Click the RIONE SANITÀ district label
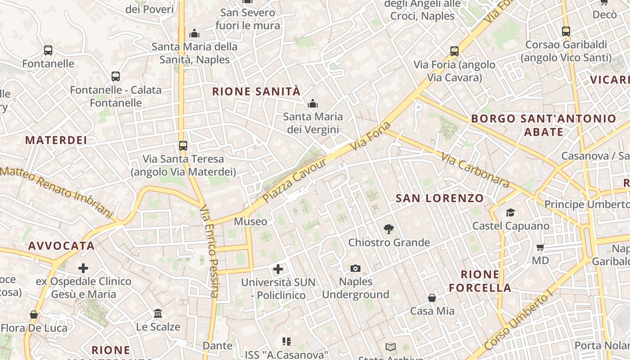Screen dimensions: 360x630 (x=256, y=92)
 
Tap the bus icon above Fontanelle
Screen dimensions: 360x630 (x=48, y=50)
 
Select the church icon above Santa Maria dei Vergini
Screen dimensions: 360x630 (x=313, y=104)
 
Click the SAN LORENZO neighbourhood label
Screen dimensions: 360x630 (x=440, y=198)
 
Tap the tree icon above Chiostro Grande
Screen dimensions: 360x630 (x=389, y=229)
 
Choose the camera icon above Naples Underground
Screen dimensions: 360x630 (x=355, y=269)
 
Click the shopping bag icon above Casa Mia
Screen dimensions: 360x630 (x=432, y=298)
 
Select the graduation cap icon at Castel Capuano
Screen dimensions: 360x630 (x=510, y=212)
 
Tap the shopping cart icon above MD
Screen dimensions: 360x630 (x=540, y=247)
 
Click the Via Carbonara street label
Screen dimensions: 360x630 (x=475, y=170)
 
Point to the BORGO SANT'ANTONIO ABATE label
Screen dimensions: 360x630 (x=544, y=125)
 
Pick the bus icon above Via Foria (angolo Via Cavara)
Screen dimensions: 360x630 (x=454, y=51)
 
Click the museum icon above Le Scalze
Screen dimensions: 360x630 (x=158, y=313)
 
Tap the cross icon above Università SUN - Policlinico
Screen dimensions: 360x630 (x=278, y=269)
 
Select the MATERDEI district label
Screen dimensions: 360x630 (x=56, y=140)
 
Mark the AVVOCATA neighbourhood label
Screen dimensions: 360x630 (x=62, y=246)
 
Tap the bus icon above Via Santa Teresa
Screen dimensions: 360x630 (x=183, y=146)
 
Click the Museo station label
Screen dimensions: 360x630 (x=250, y=221)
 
